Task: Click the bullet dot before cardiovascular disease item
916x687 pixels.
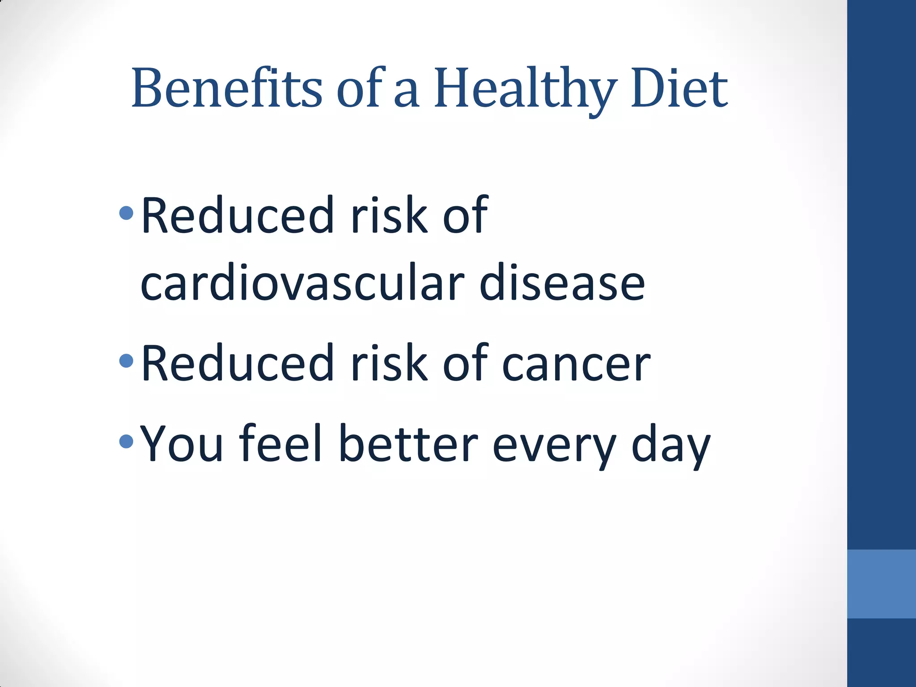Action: pyautogui.click(x=127, y=213)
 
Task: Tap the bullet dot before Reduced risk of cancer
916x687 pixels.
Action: pyautogui.click(x=127, y=360)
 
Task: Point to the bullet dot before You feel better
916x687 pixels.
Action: pyautogui.click(x=127, y=442)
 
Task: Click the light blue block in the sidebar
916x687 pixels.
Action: pyautogui.click(x=881, y=584)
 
